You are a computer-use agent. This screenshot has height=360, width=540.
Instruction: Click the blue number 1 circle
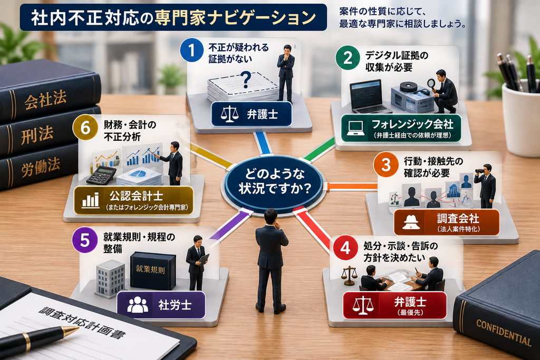pyautogui.click(x=191, y=50)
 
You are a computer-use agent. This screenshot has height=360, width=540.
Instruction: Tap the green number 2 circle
pyautogui.click(x=348, y=57)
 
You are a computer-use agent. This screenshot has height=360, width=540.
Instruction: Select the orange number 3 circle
pyautogui.click(x=385, y=164)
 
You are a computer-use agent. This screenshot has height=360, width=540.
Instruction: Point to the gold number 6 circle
pyautogui.click(x=85, y=128)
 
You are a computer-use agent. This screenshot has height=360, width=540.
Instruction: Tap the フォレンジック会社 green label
pyautogui.click(x=401, y=128)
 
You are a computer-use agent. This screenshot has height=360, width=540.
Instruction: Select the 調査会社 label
pyautogui.click(x=446, y=222)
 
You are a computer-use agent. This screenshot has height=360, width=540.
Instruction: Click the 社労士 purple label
pyautogui.click(x=161, y=305)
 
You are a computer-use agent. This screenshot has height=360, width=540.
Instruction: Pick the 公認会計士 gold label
pyautogui.click(x=133, y=200)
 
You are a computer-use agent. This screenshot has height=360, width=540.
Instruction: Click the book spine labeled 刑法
pyautogui.click(x=38, y=134)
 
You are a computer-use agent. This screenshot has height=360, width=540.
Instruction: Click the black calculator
pyautogui.click(x=101, y=175)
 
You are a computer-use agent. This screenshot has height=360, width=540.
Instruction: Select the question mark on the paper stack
pyautogui.click(x=246, y=80)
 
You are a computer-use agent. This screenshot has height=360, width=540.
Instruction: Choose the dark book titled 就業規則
pyautogui.click(x=152, y=271)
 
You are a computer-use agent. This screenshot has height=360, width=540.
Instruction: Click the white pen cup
pyautogui.click(x=520, y=119)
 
